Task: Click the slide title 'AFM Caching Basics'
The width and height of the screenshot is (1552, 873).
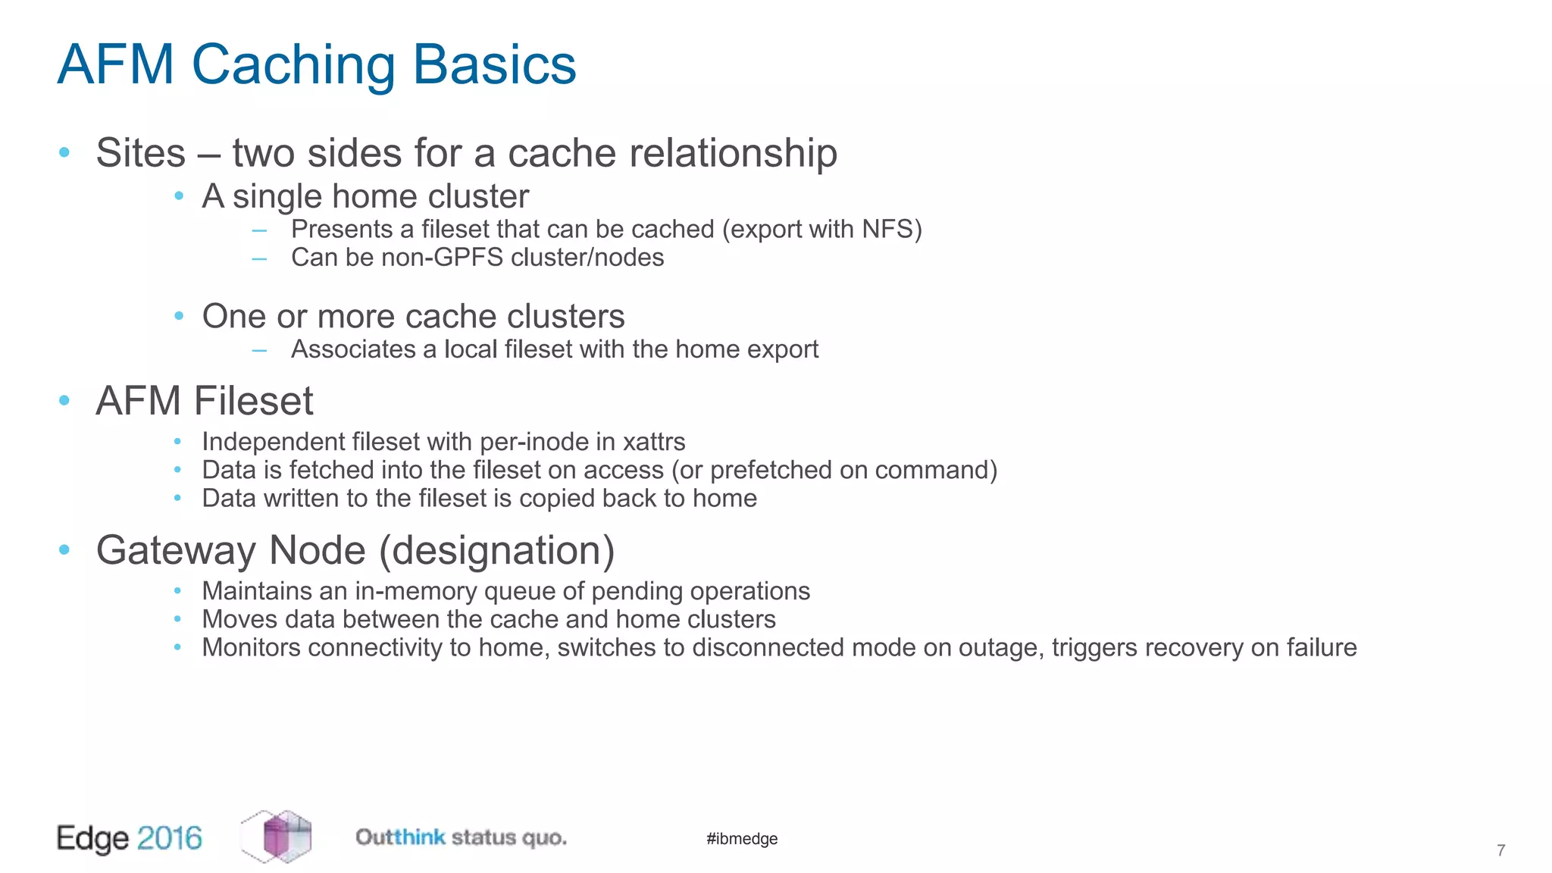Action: [x=317, y=65]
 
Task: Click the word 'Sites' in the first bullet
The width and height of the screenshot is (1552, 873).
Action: [x=140, y=153]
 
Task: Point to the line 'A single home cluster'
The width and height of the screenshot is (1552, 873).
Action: [x=365, y=197]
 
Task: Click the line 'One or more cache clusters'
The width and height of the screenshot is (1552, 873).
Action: [x=413, y=317]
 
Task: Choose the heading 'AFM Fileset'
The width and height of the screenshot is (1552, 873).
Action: [x=204, y=401]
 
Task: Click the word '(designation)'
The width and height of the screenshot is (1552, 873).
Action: [x=496, y=551]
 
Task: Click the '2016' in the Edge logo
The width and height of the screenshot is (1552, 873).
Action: [x=170, y=838]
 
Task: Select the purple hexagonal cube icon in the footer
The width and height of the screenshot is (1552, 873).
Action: [x=277, y=836]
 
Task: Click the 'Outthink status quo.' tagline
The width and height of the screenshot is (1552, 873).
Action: [x=461, y=838]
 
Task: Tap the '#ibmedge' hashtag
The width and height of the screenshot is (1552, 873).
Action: [x=742, y=839]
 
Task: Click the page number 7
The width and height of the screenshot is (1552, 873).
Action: [x=1500, y=851]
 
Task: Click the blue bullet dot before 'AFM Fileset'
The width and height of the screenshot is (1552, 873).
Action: [x=64, y=400]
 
